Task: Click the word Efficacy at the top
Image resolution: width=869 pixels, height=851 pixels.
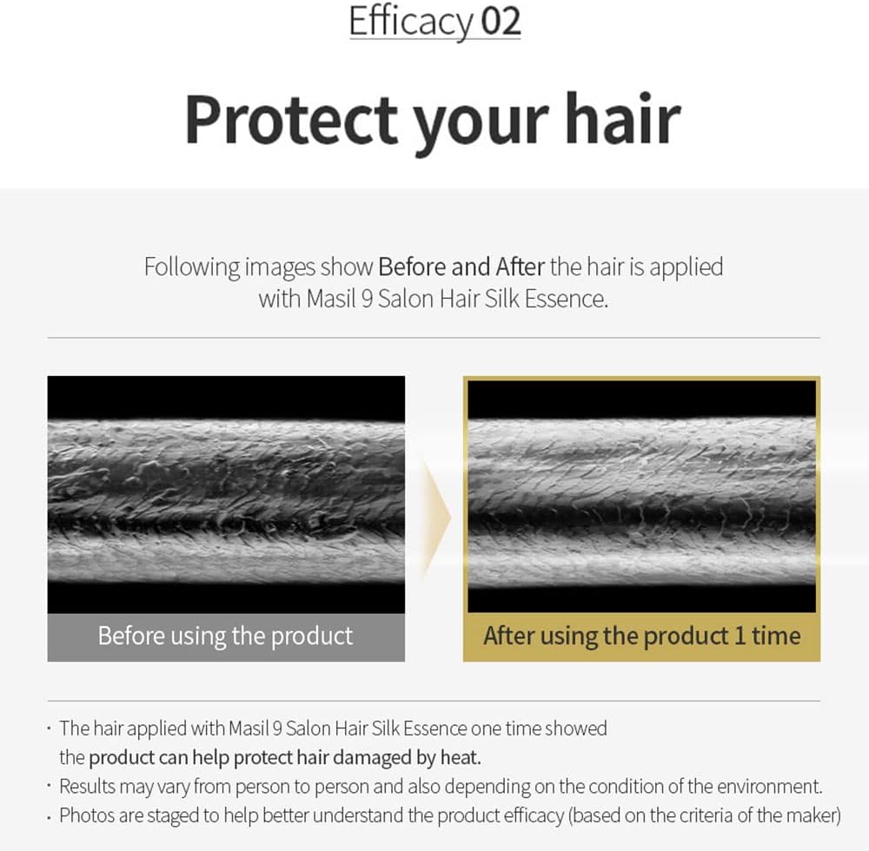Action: click(x=411, y=23)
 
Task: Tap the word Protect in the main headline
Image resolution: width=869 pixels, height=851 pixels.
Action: click(x=291, y=120)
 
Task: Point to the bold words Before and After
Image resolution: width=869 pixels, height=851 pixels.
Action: click(x=461, y=267)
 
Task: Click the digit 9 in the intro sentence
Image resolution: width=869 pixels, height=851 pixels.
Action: click(x=367, y=300)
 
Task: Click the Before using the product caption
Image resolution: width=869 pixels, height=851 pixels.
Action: click(x=226, y=637)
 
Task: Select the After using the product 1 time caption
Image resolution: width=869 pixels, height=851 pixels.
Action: click(x=642, y=637)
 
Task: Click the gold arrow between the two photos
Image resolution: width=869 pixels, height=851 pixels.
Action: click(x=437, y=518)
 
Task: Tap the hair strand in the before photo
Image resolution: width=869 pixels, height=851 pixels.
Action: click(x=226, y=502)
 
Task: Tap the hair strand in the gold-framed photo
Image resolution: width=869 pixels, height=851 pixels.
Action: click(x=642, y=502)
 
